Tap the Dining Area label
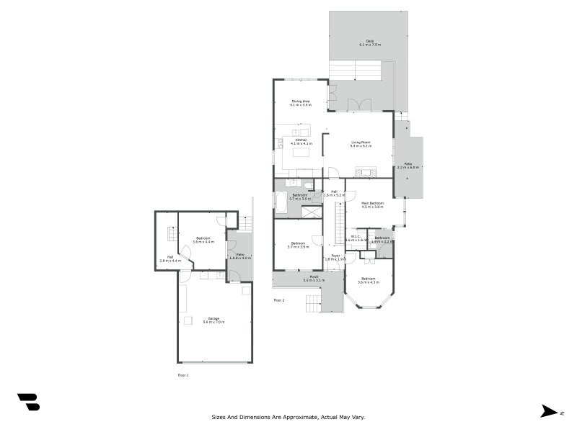301,102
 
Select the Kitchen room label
301,141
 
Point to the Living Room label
361,143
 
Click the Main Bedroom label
372,204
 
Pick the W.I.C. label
356,238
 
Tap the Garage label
213,320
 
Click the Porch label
314,278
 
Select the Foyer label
335,256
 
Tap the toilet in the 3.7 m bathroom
309,186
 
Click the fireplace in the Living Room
367,172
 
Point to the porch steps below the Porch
312,304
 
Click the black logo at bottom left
28,402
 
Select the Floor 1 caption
183,375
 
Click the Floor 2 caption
279,300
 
